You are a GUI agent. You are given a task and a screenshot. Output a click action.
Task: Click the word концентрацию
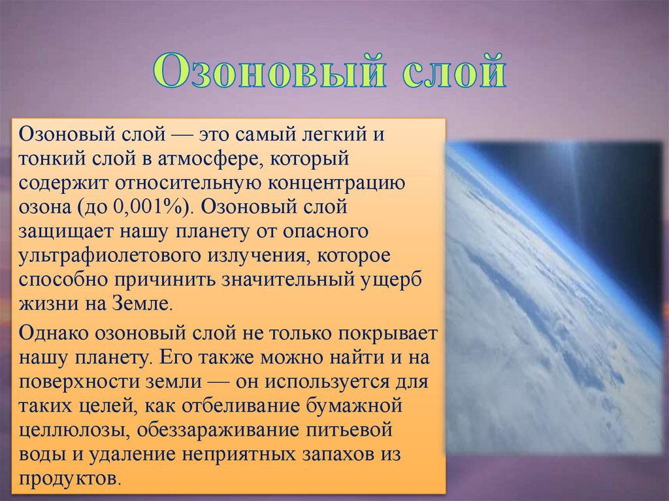coord(336,184)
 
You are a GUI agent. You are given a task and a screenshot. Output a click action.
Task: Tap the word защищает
coord(65,232)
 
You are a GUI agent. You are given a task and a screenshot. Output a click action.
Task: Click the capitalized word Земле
coord(142,304)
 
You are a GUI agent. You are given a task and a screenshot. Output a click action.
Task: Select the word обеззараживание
coord(218,429)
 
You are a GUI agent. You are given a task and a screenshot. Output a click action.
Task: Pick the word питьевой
coord(349,429)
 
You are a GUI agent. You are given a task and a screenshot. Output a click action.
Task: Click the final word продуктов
coord(67,478)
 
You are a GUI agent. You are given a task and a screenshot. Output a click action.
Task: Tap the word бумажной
coord(355,405)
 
